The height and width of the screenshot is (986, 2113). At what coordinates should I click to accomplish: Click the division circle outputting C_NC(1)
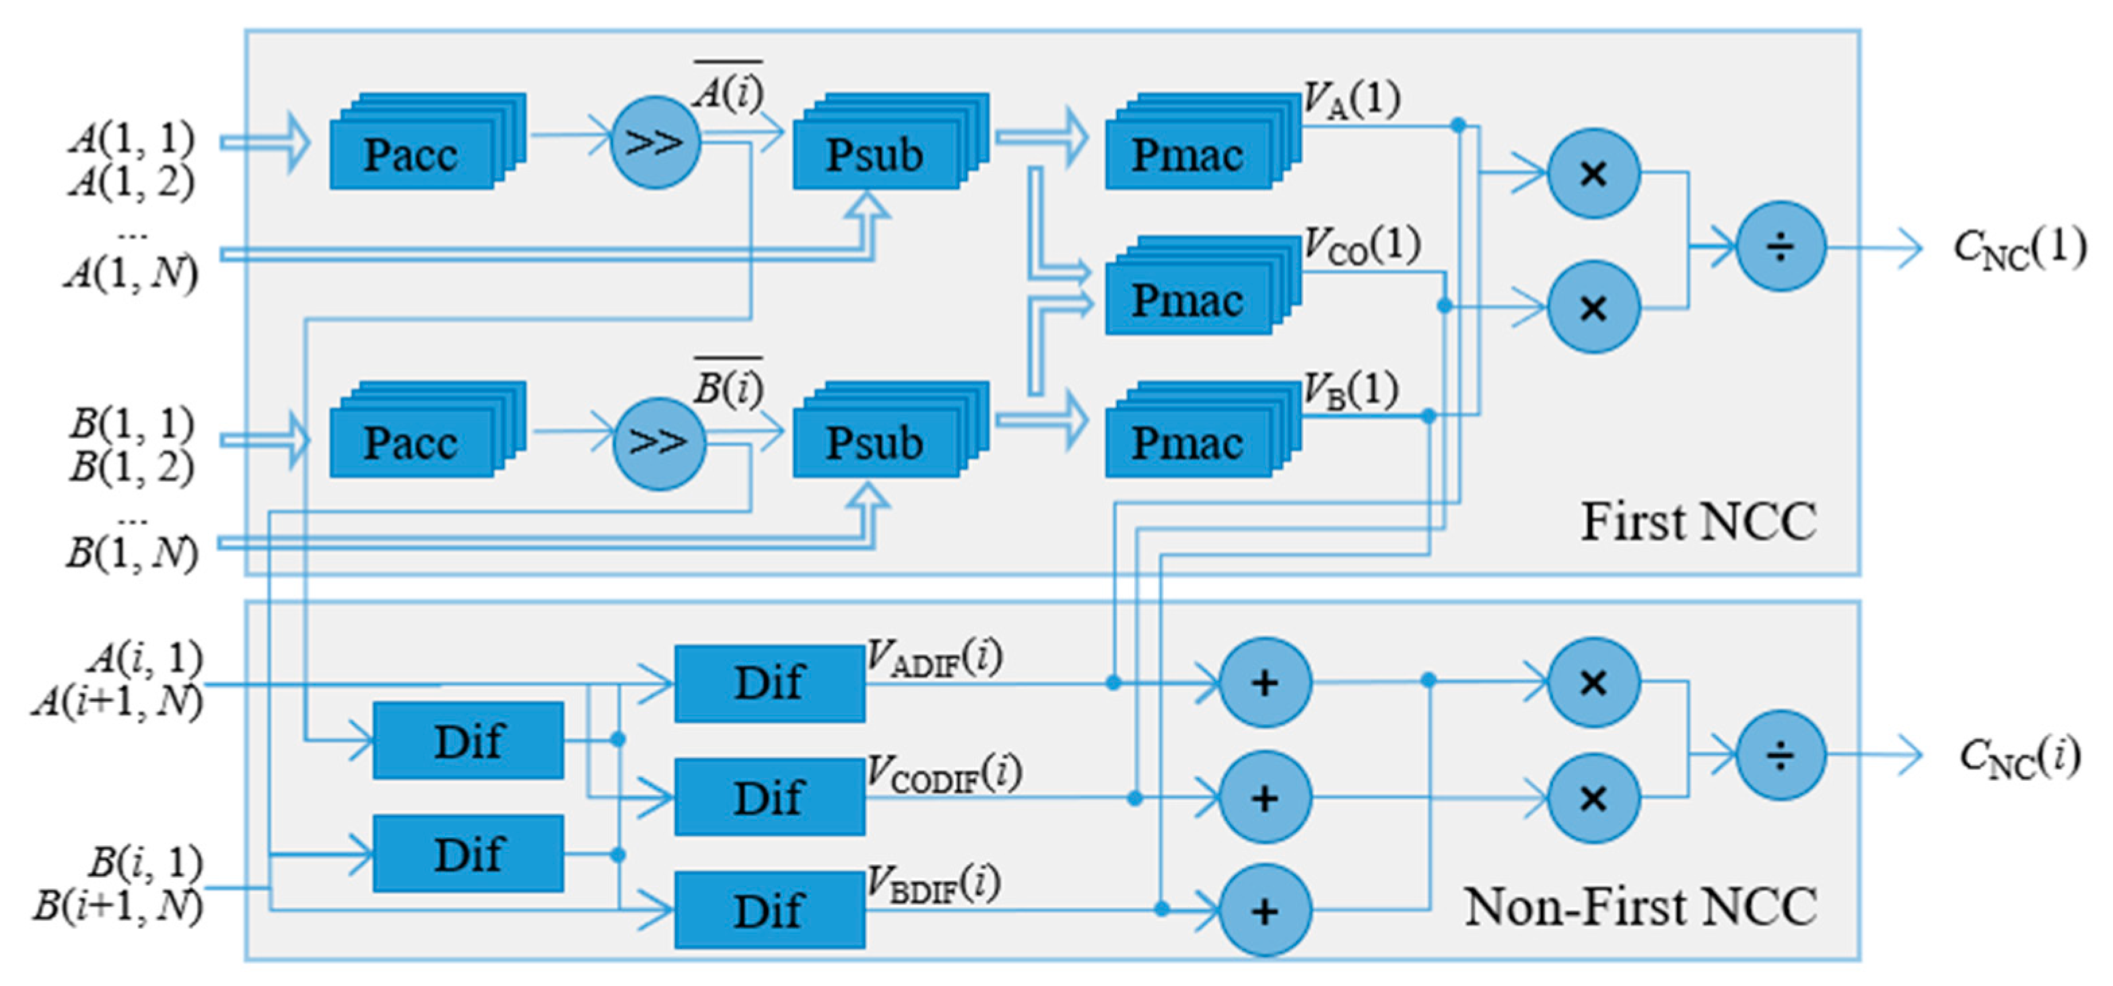1780,246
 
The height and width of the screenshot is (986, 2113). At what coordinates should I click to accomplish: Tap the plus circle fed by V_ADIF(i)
1265,682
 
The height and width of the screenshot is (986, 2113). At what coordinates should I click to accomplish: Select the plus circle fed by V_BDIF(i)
1265,911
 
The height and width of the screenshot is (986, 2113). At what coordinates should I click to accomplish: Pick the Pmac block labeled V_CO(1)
1189,300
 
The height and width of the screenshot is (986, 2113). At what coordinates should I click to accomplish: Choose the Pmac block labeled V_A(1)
1189,154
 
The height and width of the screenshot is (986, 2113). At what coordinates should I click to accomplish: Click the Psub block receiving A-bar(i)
876,154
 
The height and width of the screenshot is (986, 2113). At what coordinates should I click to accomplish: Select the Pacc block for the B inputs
413,443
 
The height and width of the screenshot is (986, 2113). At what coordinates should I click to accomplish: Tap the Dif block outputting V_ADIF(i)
769,683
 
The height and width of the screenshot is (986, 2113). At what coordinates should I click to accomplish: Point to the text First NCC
1698,522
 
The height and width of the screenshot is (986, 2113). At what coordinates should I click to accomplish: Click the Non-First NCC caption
1640,907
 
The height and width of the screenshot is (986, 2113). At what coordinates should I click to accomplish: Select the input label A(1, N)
131,273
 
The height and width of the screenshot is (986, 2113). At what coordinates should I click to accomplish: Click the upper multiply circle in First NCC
1593,173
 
